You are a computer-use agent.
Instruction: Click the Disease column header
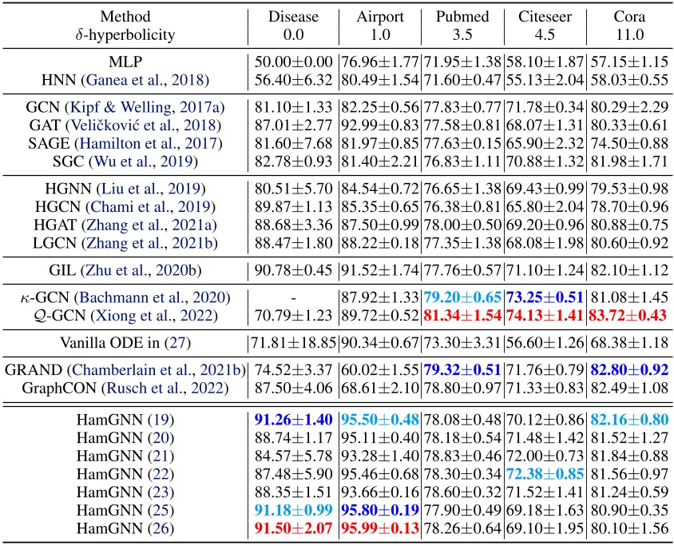292,17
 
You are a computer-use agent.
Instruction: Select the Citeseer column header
544,17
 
